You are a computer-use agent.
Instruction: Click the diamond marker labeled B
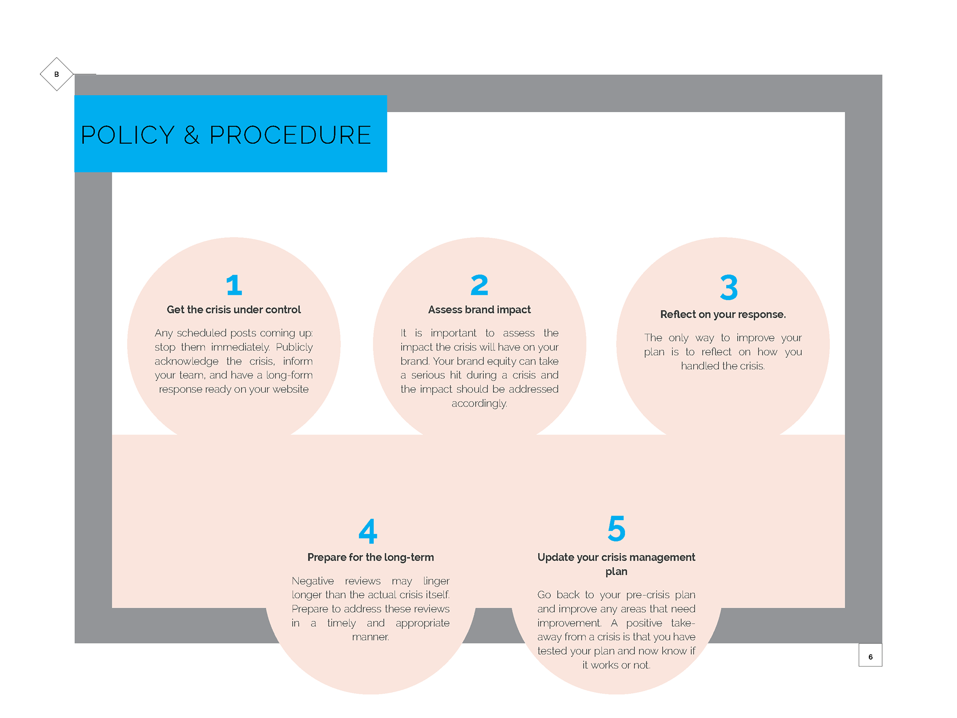click(x=57, y=74)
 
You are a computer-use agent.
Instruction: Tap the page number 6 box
click(x=870, y=656)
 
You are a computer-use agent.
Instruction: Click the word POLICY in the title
click(x=128, y=135)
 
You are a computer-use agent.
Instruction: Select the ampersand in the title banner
click(x=192, y=135)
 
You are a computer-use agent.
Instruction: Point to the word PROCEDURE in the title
click(x=290, y=135)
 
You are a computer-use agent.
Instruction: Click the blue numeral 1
click(x=234, y=285)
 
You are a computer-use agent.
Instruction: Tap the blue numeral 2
click(x=479, y=285)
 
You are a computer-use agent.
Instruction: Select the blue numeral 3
click(x=729, y=288)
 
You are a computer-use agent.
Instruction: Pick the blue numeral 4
click(x=368, y=531)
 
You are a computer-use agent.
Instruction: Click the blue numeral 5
click(x=617, y=529)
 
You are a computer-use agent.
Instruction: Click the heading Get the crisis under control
click(x=234, y=310)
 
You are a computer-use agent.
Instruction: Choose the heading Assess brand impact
click(x=479, y=310)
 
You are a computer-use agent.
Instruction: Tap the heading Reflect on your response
click(x=723, y=315)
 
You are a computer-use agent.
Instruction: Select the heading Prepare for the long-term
click(x=370, y=557)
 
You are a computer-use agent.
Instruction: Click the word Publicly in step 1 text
click(x=294, y=347)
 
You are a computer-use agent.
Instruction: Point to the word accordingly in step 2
click(x=479, y=403)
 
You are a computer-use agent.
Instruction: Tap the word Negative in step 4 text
click(x=313, y=581)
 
